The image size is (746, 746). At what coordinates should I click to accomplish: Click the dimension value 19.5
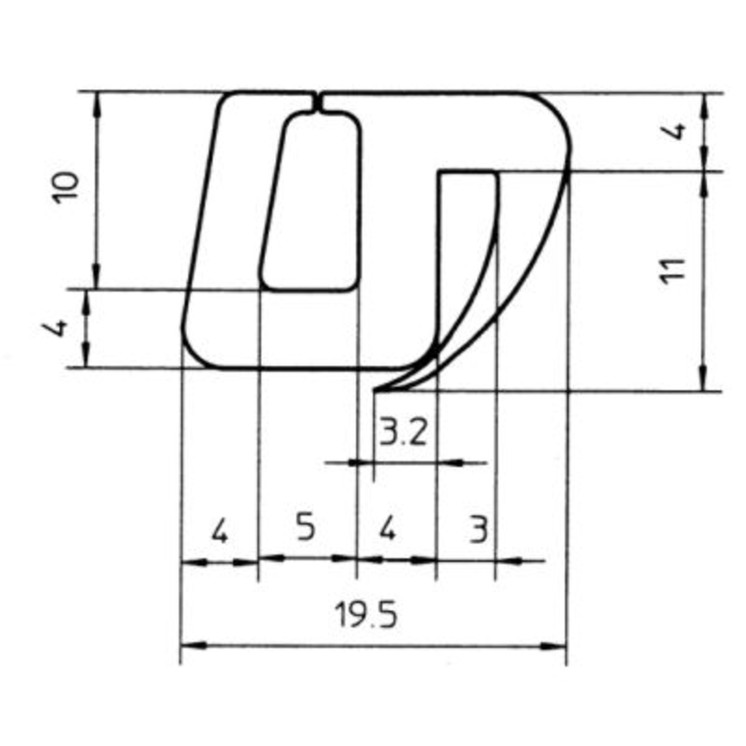tap(366, 617)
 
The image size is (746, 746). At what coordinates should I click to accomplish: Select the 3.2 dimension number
tap(404, 432)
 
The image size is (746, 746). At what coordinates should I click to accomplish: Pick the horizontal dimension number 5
tap(305, 528)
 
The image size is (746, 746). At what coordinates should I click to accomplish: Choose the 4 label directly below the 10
tap(63, 327)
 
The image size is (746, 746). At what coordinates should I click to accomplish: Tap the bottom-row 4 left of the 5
tap(219, 531)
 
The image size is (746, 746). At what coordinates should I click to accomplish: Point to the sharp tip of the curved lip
tap(375, 390)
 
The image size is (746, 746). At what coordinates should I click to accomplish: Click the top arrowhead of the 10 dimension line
tap(97, 101)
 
